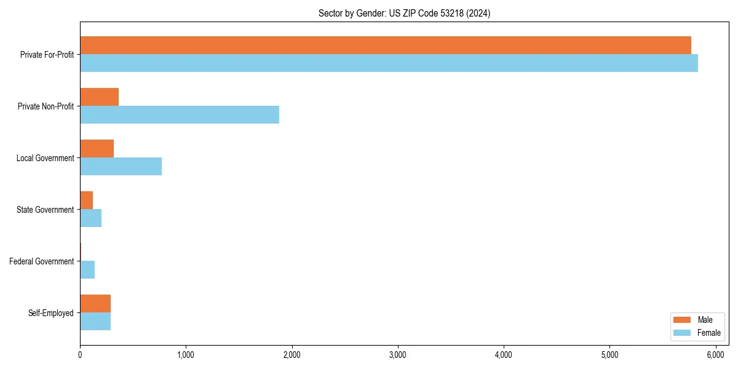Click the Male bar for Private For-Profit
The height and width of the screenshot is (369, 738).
coord(386,46)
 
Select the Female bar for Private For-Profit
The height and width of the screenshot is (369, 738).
coord(389,63)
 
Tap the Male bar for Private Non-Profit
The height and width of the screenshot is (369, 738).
coord(99,97)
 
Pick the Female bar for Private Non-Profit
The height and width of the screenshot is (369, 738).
coord(180,115)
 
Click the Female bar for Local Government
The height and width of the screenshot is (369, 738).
coord(121,167)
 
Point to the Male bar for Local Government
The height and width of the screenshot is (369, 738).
coord(97,149)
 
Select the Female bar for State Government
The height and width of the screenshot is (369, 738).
coord(90,218)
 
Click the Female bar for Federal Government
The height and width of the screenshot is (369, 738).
coord(87,270)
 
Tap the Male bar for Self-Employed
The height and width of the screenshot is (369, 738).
coord(95,304)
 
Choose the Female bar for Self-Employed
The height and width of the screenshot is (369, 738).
coord(95,322)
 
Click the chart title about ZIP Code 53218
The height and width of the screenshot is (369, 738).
coord(404,13)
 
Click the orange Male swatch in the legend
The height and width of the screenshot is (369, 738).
coord(683,320)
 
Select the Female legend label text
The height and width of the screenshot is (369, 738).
coord(708,333)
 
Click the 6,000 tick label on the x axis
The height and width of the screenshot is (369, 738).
coord(715,355)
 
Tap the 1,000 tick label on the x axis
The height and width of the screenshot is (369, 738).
coord(186,355)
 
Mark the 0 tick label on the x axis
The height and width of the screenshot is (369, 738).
coord(80,355)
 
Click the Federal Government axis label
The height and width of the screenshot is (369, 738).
coord(42,261)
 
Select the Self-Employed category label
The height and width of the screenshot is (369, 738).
coord(51,313)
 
